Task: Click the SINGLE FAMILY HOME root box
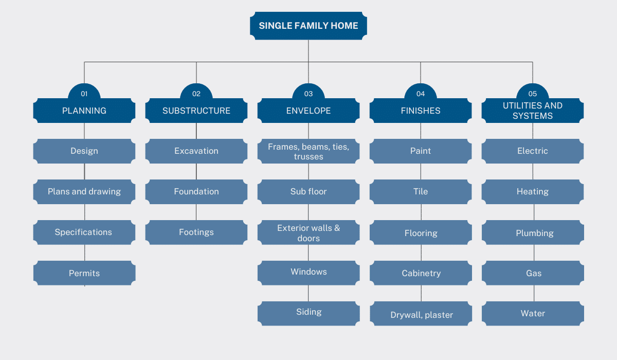coord(308,26)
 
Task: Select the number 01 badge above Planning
coord(84,92)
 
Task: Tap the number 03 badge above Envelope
coord(308,92)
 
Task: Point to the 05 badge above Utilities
coord(533,92)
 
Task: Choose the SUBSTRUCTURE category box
coord(196,111)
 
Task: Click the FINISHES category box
coord(421,111)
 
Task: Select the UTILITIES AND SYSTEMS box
coord(533,111)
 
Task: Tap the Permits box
coord(84,273)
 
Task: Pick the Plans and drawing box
coord(84,192)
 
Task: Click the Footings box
coord(196,232)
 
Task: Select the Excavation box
coord(196,151)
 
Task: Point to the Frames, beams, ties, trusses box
coord(308,151)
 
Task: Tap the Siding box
coord(308,313)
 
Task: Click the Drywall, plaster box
coord(421,313)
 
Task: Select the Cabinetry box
coord(421,273)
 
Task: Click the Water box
coord(533,313)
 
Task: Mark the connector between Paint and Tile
coord(421,171)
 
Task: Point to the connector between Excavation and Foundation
coord(196,171)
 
